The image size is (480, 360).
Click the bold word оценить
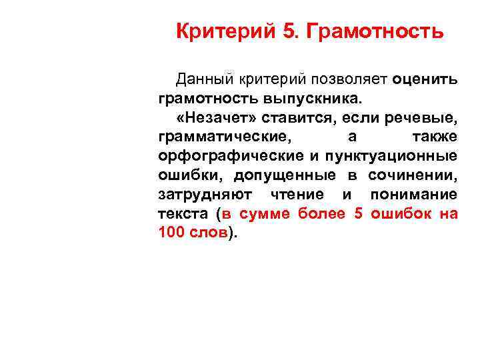tap(425, 80)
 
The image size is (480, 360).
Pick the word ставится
tap(310, 118)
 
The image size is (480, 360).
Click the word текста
tap(183, 214)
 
